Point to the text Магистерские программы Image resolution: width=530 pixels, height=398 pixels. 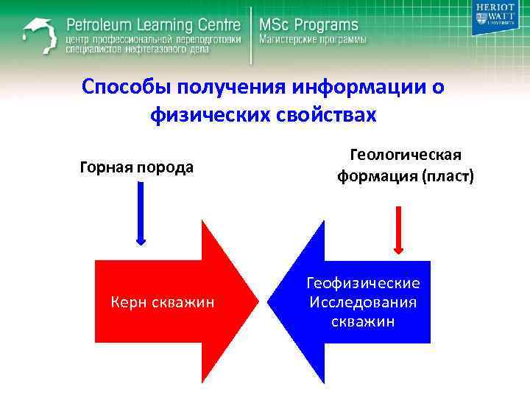pos(311,40)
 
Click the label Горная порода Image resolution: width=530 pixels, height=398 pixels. pos(137,167)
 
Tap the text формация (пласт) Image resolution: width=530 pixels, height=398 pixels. pos(406,177)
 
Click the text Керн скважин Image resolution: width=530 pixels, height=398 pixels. pos(162,301)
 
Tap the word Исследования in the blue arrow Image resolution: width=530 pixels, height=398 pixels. pos(363,303)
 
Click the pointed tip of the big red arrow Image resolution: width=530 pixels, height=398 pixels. pos(257,301)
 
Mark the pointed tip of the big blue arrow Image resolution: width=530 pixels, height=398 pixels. pos(269,301)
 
